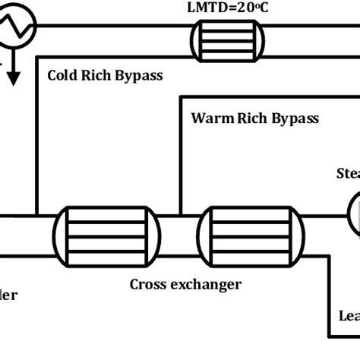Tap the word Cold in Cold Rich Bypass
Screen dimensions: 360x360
click(x=64, y=75)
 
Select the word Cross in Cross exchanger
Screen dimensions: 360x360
click(x=149, y=284)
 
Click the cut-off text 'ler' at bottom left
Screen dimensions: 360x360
click(x=8, y=295)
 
